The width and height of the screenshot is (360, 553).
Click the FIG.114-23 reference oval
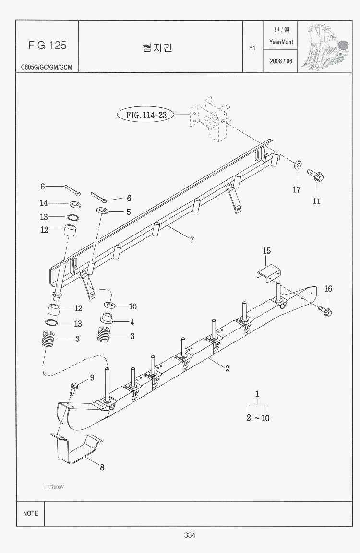point(146,115)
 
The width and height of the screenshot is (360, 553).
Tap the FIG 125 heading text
point(47,46)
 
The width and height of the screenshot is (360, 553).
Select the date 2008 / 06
point(281,61)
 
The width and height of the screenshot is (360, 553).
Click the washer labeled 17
point(297,165)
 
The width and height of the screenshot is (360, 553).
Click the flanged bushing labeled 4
point(107,318)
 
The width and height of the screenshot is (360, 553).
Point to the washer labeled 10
point(110,305)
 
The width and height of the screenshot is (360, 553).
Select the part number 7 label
point(192,240)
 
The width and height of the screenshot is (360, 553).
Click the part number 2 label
point(227,368)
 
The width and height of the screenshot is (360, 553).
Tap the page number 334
point(189,535)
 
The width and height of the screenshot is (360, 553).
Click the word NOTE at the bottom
point(30,513)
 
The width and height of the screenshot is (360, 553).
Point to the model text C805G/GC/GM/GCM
point(47,67)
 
